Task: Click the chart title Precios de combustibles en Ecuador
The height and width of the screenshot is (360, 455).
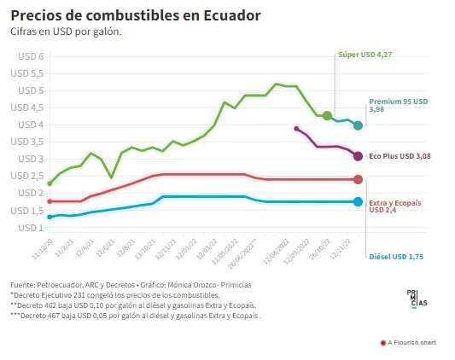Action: point(136,15)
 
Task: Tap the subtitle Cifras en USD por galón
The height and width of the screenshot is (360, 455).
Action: point(66,32)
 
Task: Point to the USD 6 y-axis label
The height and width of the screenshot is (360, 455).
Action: point(31,56)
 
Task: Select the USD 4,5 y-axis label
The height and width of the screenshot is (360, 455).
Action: point(27,107)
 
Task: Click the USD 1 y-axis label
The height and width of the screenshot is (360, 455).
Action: point(31,228)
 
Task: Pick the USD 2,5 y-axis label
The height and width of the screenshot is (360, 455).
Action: point(27,176)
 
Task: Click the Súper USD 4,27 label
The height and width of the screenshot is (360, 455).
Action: point(365,55)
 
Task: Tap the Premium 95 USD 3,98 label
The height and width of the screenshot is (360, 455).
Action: point(399,105)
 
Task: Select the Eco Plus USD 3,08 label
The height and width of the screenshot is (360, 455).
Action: point(400,156)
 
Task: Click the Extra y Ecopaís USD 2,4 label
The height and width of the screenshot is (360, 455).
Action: point(395,206)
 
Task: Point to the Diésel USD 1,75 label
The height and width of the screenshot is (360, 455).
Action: point(396,257)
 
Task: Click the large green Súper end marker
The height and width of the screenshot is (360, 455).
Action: point(327,115)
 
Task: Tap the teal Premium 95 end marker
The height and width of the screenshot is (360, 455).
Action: point(358,125)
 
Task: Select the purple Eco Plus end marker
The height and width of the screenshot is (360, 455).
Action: point(358,156)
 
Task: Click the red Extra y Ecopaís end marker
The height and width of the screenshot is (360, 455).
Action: point(358,179)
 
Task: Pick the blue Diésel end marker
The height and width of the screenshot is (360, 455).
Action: point(358,202)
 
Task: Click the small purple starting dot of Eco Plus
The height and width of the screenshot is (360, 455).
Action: point(296,129)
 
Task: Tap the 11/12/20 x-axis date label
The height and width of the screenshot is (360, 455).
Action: point(42,249)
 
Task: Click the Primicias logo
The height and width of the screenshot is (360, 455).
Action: point(417,299)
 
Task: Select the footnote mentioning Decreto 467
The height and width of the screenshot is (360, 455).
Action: point(136,316)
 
